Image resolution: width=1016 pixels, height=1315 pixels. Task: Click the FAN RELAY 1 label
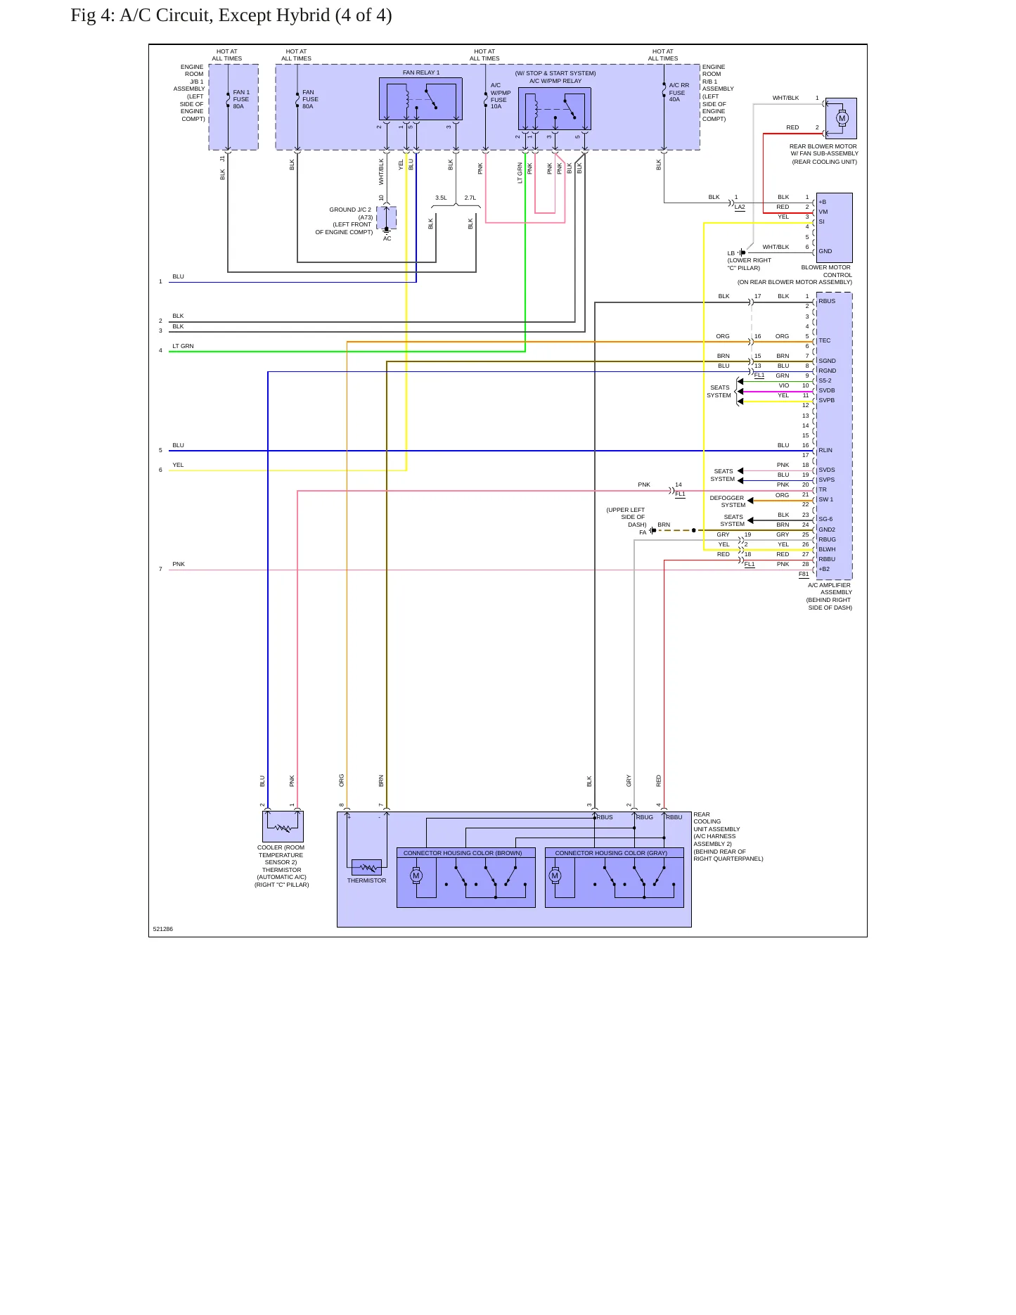pyautogui.click(x=421, y=72)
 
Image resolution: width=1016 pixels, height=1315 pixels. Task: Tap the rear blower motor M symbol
pyautogui.click(x=842, y=118)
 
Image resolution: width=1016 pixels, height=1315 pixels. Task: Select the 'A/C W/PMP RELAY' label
pyautogui.click(x=555, y=81)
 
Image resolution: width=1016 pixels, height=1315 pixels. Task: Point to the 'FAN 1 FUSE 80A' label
pyautogui.click(x=241, y=99)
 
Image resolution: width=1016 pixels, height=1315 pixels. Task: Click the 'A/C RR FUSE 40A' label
pyautogui.click(x=679, y=92)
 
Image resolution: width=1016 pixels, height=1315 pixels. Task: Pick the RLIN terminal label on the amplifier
pyautogui.click(x=825, y=450)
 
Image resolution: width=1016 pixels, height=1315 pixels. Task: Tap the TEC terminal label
pyautogui.click(x=825, y=340)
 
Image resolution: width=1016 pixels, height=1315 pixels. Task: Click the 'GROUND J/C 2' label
pyautogui.click(x=350, y=210)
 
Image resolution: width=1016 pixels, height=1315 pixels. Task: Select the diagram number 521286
pyautogui.click(x=163, y=929)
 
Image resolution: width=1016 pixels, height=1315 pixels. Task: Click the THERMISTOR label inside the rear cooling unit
pyautogui.click(x=366, y=880)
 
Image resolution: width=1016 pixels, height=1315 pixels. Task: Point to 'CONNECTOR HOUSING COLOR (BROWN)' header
pyautogui.click(x=463, y=853)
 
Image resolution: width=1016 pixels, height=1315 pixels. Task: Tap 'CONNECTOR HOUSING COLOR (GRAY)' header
pyautogui.click(x=611, y=853)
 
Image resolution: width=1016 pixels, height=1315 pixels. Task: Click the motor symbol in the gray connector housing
pyautogui.click(x=555, y=875)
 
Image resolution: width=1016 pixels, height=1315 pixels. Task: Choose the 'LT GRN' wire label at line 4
pyautogui.click(x=183, y=346)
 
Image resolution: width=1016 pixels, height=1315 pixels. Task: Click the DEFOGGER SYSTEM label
pyautogui.click(x=727, y=501)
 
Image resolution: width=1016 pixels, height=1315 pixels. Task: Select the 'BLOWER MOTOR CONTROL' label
pyautogui.click(x=826, y=271)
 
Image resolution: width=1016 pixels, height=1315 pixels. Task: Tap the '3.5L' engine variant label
pyautogui.click(x=441, y=198)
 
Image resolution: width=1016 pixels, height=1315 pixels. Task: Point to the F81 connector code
pyautogui.click(x=804, y=574)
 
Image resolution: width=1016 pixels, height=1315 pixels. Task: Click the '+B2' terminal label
pyautogui.click(x=824, y=569)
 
